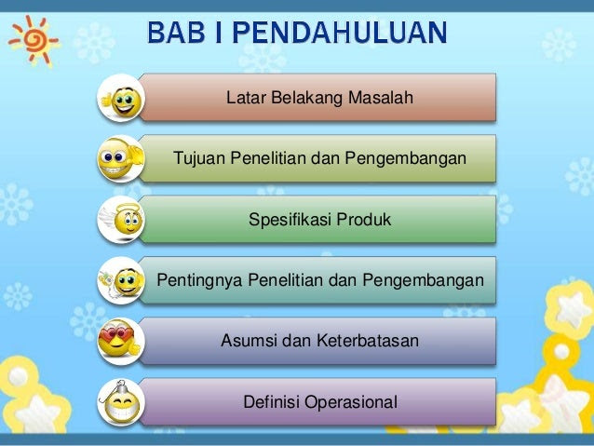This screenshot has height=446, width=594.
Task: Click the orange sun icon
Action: pyautogui.click(x=34, y=40)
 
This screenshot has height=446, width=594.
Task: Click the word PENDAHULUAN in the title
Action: pyautogui.click(x=340, y=33)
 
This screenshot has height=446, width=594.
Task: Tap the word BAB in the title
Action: pyautogui.click(x=176, y=33)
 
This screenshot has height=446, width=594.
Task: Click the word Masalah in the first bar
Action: pyautogui.click(x=381, y=98)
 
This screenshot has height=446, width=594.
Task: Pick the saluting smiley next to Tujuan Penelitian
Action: pyautogui.click(x=120, y=159)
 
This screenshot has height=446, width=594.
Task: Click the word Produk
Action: pyautogui.click(x=363, y=220)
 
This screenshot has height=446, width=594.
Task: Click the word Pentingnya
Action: pyautogui.click(x=199, y=280)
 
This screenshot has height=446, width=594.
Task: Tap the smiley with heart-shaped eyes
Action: pyautogui.click(x=118, y=340)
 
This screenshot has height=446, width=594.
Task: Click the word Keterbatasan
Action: pyautogui.click(x=368, y=340)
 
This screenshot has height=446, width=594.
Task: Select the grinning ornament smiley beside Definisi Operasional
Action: pyautogui.click(x=121, y=402)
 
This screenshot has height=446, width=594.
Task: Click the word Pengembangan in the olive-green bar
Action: pyautogui.click(x=405, y=158)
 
